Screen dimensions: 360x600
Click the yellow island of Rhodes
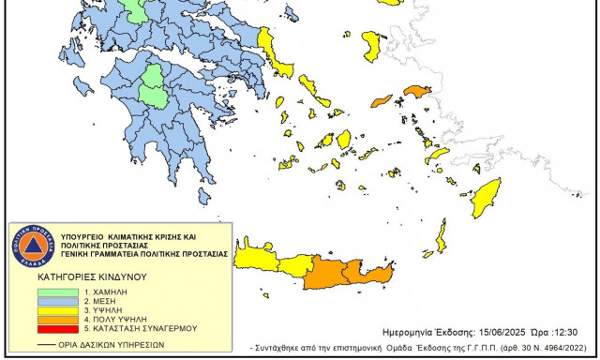486,199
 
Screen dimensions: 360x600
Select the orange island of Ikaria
381,100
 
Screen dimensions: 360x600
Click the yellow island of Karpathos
440,236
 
